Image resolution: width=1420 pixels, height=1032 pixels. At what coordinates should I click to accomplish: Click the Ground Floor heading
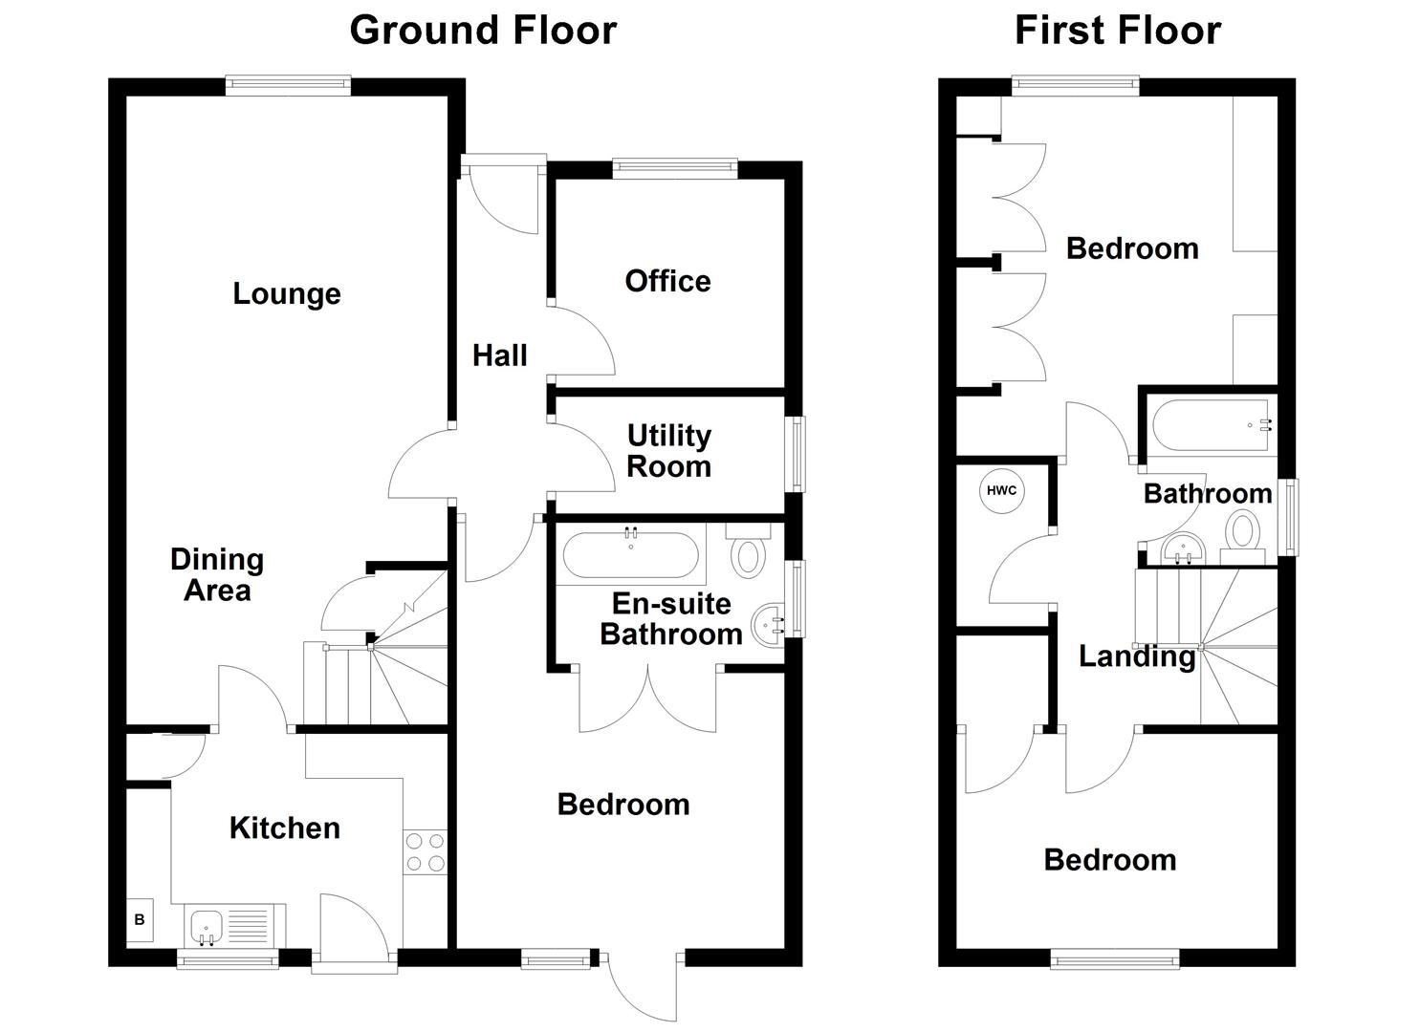(483, 31)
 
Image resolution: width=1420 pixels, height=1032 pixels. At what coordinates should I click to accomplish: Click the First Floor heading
(1117, 31)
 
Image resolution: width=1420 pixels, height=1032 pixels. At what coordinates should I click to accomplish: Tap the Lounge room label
(287, 293)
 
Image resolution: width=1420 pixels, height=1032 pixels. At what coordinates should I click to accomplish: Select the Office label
(667, 281)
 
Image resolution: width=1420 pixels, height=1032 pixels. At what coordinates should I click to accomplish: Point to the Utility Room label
(668, 451)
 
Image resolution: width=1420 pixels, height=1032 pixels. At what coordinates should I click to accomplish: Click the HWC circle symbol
(1001, 491)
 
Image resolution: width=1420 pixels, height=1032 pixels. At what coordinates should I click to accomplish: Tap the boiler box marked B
(140, 920)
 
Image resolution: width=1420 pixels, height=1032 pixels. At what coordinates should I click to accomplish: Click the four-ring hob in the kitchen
(425, 852)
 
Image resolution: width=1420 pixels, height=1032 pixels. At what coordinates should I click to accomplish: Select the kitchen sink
(208, 925)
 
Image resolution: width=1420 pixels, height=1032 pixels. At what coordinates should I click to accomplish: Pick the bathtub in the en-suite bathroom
(630, 555)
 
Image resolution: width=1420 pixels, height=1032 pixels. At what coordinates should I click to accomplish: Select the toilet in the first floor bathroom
(1243, 532)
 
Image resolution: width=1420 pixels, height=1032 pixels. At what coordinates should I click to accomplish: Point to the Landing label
(1136, 656)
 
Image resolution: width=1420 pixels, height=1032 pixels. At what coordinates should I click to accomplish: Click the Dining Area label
(217, 574)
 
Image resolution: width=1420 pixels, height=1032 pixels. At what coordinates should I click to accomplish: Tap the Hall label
(499, 355)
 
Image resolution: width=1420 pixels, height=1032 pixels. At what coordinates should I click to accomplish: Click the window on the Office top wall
(675, 169)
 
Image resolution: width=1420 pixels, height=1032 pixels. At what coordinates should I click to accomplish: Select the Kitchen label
(284, 828)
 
